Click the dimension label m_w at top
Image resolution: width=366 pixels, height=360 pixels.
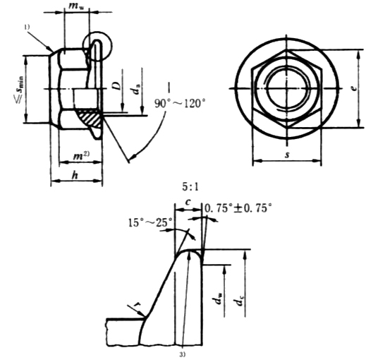[x=76, y=6]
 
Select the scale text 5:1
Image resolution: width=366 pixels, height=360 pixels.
[x=190, y=187]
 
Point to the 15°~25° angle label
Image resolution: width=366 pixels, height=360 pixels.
[x=151, y=222]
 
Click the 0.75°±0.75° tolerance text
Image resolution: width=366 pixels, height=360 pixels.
[x=238, y=208]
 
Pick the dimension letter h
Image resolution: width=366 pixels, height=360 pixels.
[x=75, y=175]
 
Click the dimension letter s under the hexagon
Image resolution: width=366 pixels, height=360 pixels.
[x=287, y=155]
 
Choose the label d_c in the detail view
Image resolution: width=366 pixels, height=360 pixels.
[x=239, y=300]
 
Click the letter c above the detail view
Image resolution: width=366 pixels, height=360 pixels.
[x=188, y=202]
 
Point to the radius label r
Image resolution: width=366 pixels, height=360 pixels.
[x=136, y=305]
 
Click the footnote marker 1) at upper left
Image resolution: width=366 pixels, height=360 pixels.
[x=27, y=27]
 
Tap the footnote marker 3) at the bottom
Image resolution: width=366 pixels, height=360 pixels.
[x=183, y=354]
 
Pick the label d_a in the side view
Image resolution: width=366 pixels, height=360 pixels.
[x=136, y=89]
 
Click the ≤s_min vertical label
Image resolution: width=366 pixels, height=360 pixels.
[x=20, y=90]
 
